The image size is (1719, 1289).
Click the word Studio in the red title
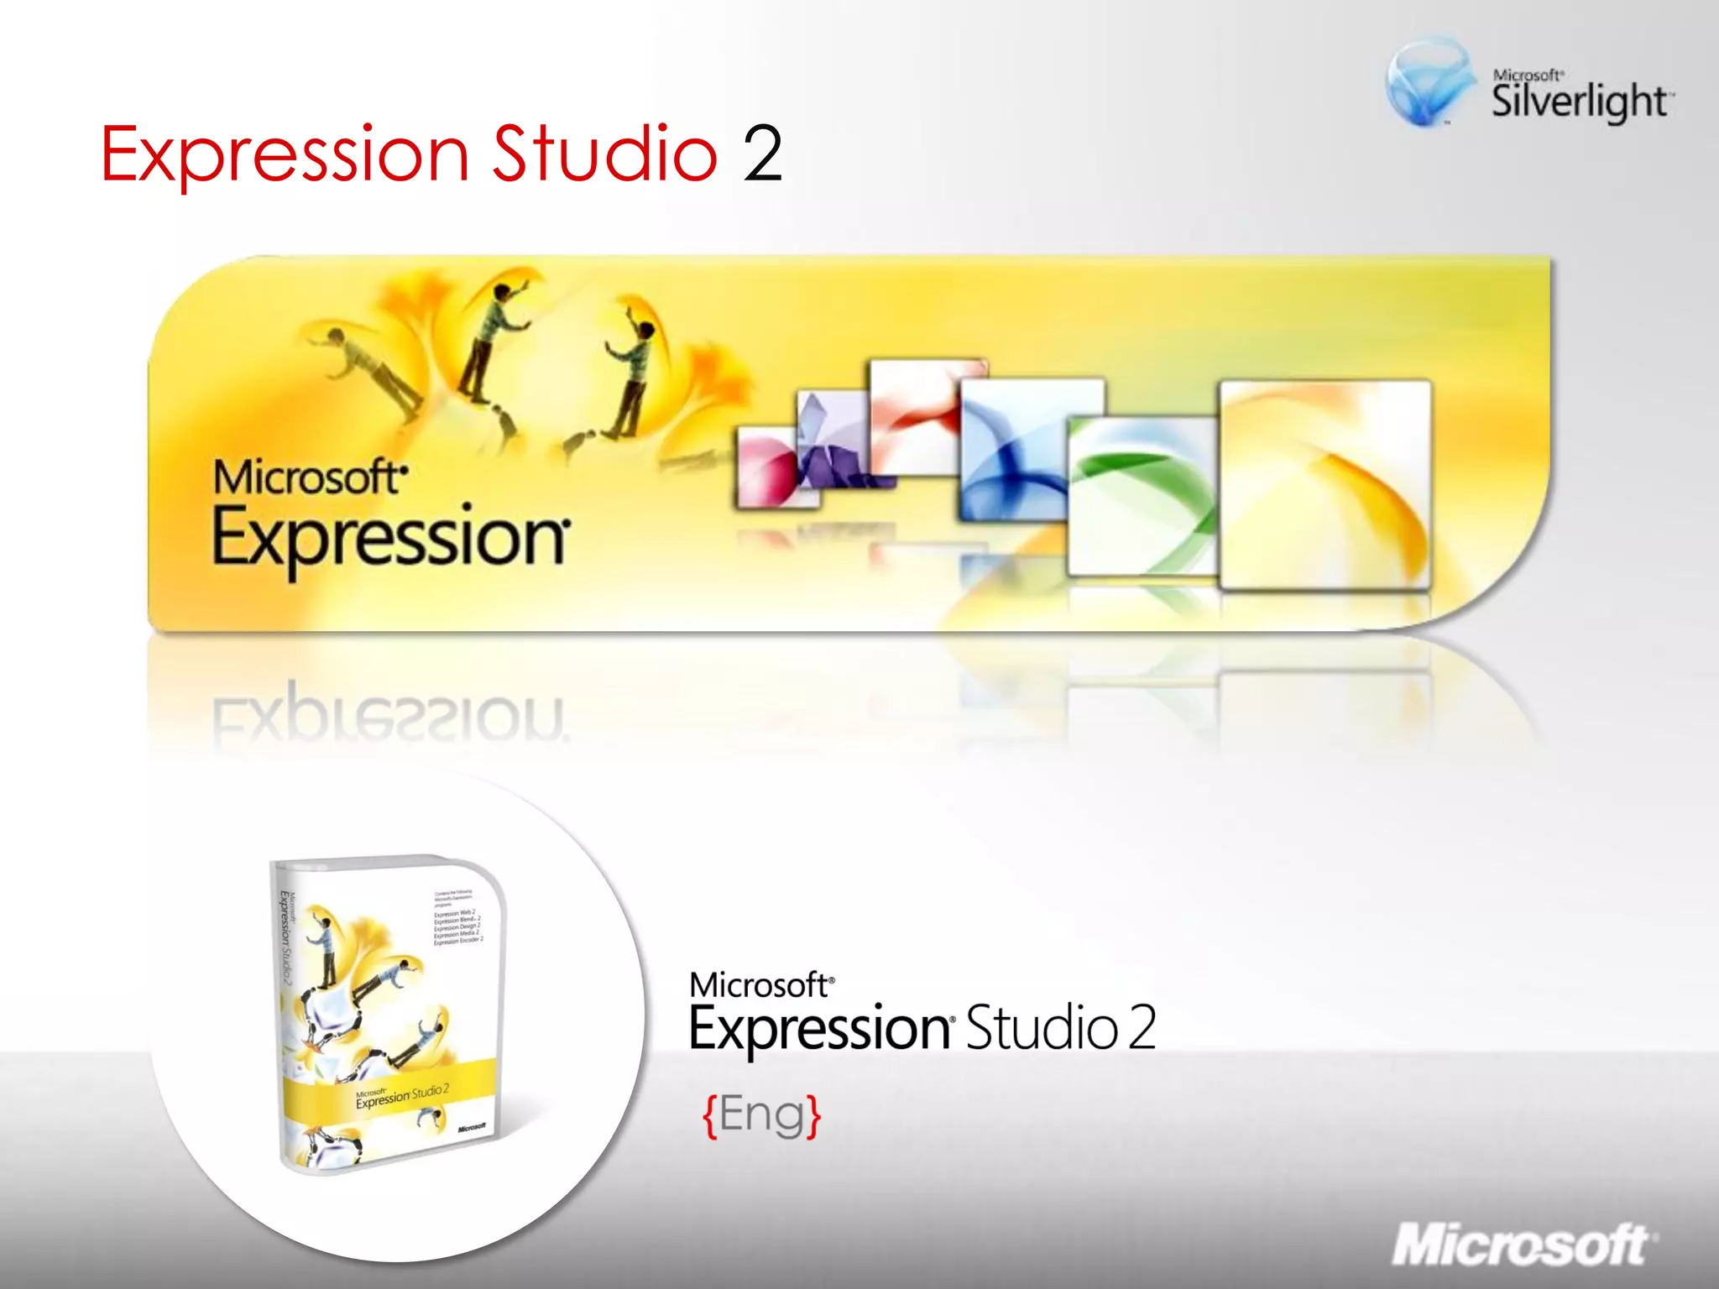click(604, 153)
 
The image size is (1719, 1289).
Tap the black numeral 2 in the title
click(762, 154)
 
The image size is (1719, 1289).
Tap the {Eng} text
click(761, 1115)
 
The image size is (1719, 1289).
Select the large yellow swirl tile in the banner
click(1325, 484)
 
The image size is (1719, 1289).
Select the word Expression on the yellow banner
click(389, 538)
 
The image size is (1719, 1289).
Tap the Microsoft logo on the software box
click(472, 1127)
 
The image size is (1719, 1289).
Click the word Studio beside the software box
click(1041, 1028)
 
